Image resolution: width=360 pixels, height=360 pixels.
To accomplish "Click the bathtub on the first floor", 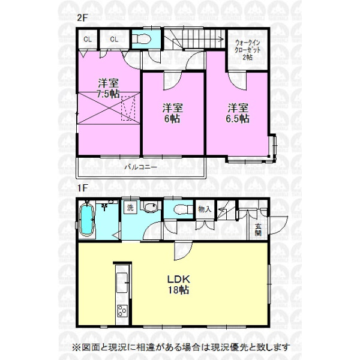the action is tap(87, 220).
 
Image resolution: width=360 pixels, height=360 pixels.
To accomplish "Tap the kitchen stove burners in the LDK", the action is tap(122, 311).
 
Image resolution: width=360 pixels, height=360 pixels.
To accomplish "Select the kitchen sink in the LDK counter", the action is tap(122, 283).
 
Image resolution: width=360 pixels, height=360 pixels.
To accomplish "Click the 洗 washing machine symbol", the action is tap(130, 208).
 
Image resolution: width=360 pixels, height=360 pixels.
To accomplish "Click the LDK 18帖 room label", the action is tap(179, 284).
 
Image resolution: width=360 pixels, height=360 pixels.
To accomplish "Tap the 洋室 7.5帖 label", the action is tap(108, 88).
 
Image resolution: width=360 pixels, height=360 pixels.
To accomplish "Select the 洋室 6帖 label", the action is tap(172, 113).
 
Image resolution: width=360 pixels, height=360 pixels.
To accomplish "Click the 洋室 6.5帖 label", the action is tap(238, 113).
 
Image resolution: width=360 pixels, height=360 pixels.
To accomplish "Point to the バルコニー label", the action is tap(141, 167).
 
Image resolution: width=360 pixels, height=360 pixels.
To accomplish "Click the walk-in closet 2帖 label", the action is tap(248, 50).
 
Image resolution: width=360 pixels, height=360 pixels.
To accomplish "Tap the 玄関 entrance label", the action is tap(258, 230).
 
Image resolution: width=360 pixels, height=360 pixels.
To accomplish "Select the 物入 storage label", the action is tap(205, 209).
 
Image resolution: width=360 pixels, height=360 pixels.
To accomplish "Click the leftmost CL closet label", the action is tap(88, 40).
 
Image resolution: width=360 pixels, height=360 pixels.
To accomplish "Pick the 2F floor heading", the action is tap(82, 18).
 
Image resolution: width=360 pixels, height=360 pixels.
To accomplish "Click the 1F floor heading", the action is tap(82, 188).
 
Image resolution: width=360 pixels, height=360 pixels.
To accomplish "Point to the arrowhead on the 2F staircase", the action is tap(221, 39).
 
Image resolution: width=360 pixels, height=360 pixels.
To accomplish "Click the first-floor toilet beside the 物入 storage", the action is tap(183, 209).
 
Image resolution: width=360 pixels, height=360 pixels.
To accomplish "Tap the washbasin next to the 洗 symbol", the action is tap(149, 207).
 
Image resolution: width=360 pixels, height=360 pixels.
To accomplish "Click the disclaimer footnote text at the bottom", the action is tap(181, 347).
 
